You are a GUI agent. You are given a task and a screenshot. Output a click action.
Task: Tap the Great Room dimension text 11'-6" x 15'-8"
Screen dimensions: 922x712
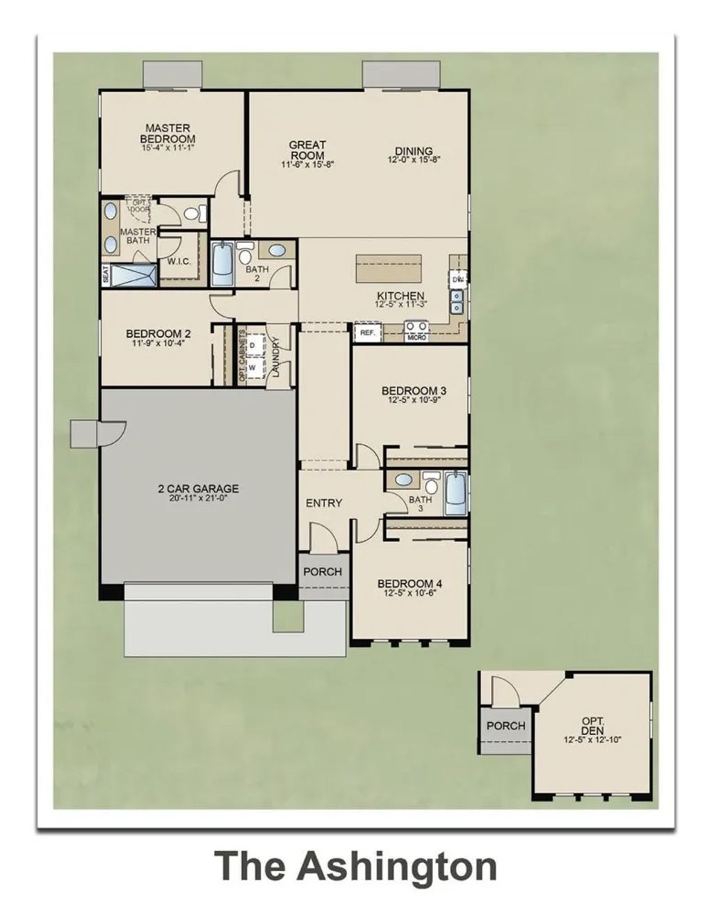click(x=307, y=165)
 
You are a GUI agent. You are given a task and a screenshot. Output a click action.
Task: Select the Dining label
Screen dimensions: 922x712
click(x=414, y=151)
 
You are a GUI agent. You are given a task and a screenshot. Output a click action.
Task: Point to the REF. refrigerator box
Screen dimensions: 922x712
click(x=367, y=333)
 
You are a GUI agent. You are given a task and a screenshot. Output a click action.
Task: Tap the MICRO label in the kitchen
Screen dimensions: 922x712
click(x=417, y=337)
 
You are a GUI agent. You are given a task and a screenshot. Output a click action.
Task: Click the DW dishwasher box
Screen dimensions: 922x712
click(x=458, y=279)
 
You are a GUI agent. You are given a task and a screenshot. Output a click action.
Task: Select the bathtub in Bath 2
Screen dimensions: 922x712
click(x=222, y=264)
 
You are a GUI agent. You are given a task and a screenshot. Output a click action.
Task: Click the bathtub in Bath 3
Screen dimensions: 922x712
click(x=455, y=493)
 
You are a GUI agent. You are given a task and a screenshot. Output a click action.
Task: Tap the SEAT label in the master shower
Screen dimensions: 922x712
click(x=106, y=274)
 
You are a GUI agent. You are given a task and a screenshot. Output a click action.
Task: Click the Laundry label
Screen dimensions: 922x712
click(x=275, y=357)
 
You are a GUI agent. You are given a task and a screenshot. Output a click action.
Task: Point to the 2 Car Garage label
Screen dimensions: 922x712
click(x=197, y=488)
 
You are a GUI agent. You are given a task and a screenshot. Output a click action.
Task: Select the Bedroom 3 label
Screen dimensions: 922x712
click(x=414, y=390)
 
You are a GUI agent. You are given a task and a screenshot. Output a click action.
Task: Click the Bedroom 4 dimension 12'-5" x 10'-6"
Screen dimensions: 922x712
click(x=410, y=594)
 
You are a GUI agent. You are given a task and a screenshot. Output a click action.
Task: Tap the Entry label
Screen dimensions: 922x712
click(x=323, y=502)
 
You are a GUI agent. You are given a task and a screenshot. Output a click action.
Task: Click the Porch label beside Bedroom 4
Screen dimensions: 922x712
click(x=323, y=571)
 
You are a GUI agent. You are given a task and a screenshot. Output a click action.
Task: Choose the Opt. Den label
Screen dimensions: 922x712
click(x=592, y=726)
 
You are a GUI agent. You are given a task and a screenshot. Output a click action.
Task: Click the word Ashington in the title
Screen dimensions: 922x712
click(x=396, y=866)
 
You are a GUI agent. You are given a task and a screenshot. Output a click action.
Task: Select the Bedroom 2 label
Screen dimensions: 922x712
click(x=158, y=333)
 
